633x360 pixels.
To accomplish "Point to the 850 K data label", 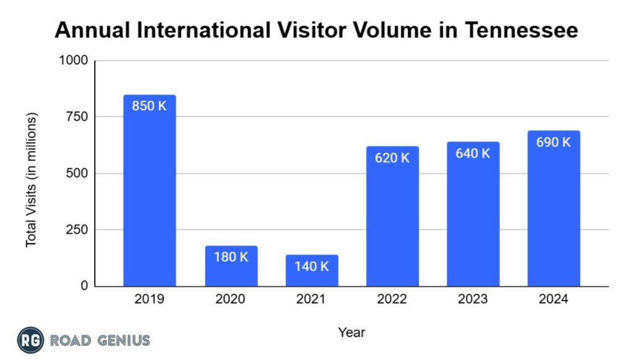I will [150, 106].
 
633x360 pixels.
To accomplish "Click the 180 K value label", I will [231, 257].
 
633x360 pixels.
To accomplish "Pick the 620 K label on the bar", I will [392, 158].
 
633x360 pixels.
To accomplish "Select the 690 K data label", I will [553, 142].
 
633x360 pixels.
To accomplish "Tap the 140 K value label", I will [312, 267].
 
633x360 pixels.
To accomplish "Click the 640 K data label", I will [473, 153].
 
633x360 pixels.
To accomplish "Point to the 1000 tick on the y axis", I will [73, 61].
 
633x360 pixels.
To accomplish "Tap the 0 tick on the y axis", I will [83, 286].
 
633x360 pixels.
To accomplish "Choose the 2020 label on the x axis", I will [231, 300].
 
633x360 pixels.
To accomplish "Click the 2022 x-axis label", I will [392, 300].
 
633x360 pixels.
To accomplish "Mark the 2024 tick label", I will [553, 300].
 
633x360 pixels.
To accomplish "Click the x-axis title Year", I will [351, 333].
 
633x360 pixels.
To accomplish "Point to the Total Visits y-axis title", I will [32, 179].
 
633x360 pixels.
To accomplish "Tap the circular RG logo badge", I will [30, 340].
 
